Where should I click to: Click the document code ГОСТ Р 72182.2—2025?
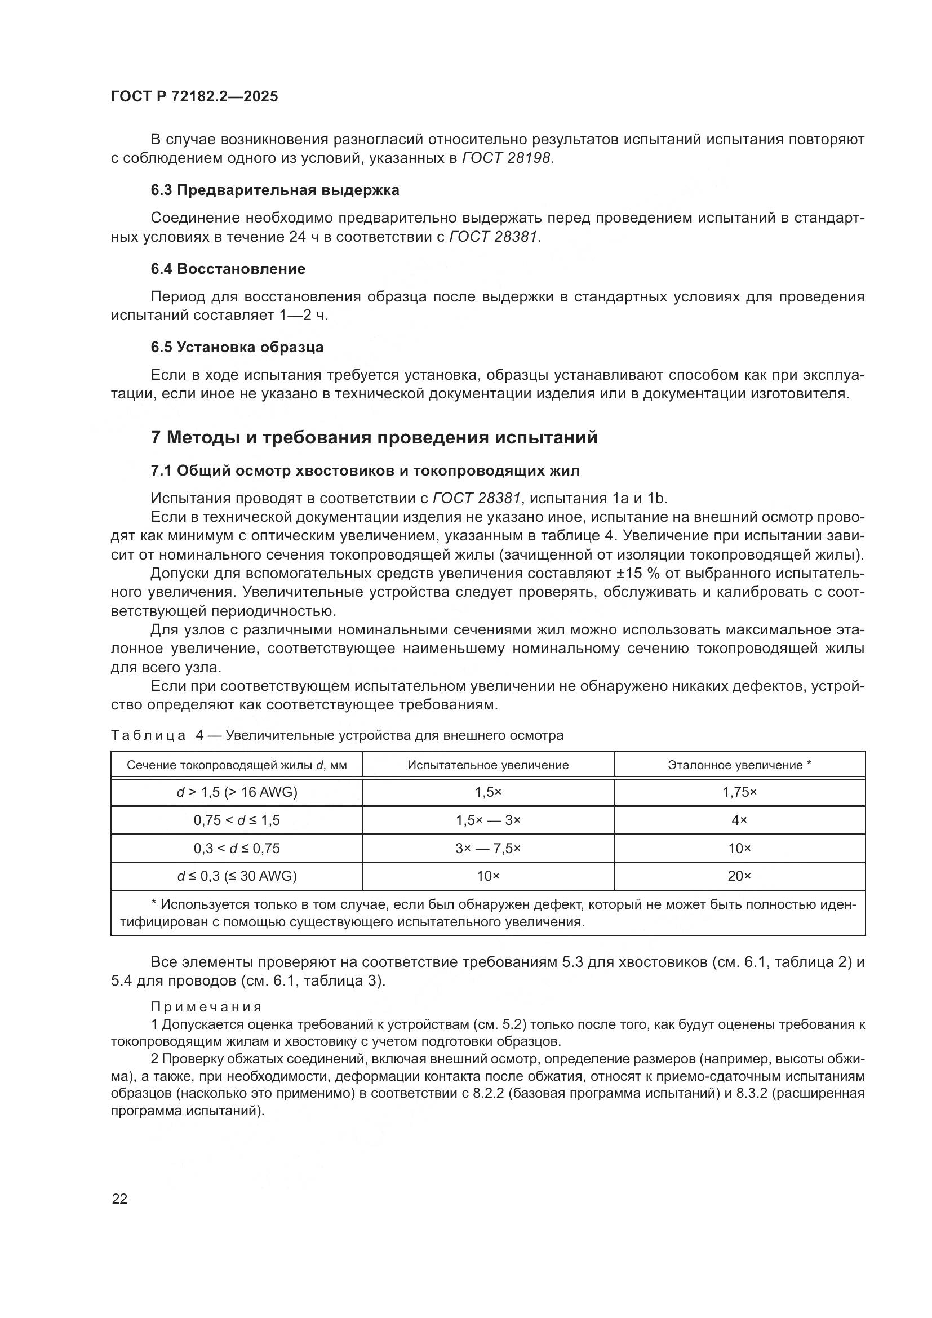coord(194,97)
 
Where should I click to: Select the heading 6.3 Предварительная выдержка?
coord(275,190)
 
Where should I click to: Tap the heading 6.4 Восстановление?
coord(228,269)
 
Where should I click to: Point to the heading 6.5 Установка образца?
coord(237,347)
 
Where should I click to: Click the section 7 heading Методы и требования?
coord(374,437)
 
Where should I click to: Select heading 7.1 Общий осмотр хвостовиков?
coord(365,471)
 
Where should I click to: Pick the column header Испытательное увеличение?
coord(488,765)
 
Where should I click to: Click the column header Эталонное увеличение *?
coord(739,765)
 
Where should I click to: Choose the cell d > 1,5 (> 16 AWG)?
coord(237,793)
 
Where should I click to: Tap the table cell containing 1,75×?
coord(739,793)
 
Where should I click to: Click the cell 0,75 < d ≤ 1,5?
coord(237,820)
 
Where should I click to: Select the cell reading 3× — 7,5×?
coord(488,849)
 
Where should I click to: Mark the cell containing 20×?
coord(739,876)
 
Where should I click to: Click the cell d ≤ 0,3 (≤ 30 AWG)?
coord(237,876)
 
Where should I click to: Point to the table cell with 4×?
coord(739,820)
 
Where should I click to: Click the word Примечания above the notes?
coord(206,1007)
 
